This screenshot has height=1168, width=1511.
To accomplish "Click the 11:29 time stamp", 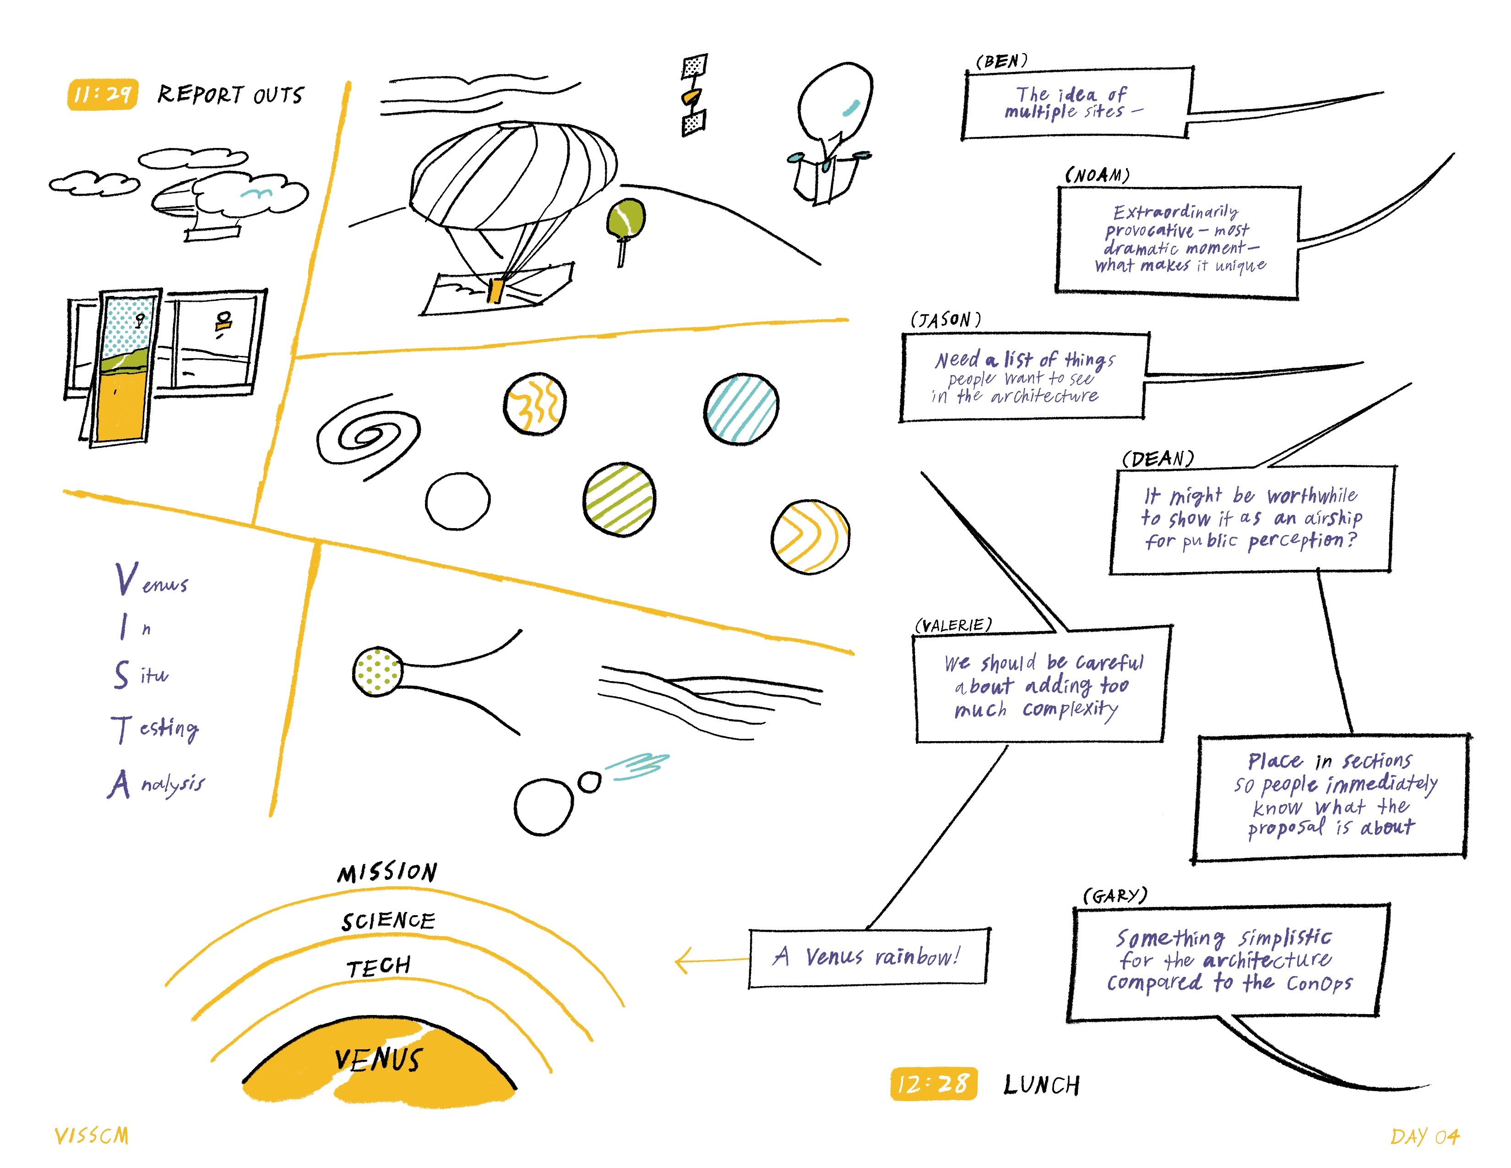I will click(103, 94).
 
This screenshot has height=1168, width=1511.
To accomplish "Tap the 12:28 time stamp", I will click(933, 1084).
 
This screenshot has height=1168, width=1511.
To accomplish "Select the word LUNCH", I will click(1041, 1085).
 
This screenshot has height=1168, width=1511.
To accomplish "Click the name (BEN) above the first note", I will click(1001, 61).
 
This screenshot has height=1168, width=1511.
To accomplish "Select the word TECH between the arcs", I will click(379, 966).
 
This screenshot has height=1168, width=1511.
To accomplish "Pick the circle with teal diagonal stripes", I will click(741, 409).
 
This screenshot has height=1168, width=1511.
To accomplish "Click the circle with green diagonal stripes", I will click(619, 499).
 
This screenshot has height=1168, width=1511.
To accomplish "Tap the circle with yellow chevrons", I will click(810, 537).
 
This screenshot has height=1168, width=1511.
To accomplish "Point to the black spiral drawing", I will click(367, 437).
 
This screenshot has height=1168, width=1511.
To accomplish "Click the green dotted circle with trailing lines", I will click(377, 671).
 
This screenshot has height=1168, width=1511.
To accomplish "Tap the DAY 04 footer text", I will click(1424, 1136).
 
